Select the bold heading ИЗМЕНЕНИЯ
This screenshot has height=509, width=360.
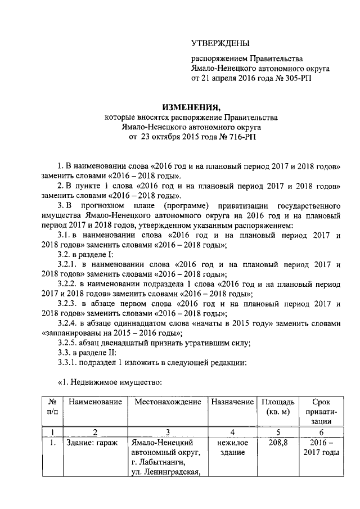(191, 107)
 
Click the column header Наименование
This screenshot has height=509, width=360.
(95, 403)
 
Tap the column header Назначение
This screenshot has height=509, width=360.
(231, 403)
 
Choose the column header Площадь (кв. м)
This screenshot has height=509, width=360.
(277, 408)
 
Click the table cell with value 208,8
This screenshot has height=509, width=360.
(277, 443)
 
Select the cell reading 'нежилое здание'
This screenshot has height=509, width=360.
(231, 448)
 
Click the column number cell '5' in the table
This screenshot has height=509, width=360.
(277, 432)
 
